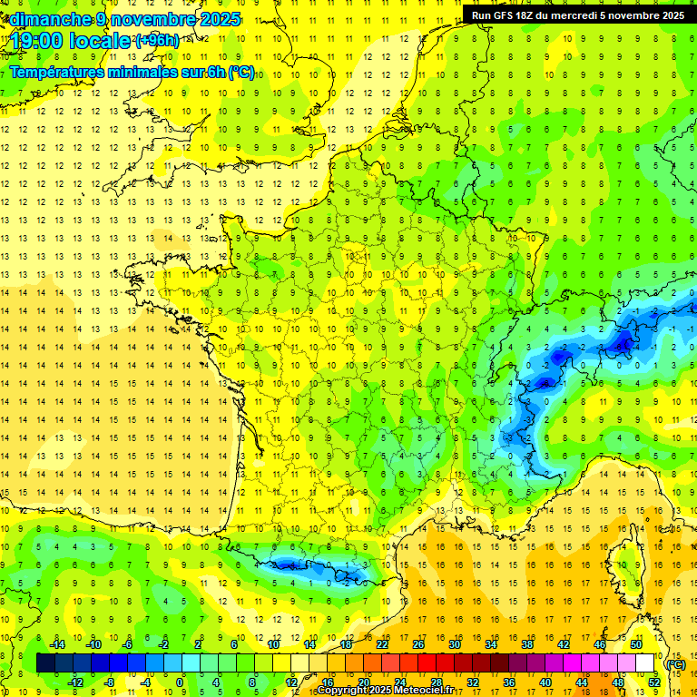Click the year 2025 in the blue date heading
click(219, 18)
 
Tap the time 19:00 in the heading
click(43, 41)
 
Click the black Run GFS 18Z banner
click(578, 15)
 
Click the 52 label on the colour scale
click(653, 682)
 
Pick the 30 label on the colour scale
click(454, 643)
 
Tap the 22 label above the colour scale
click(382, 643)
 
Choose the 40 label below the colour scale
click(545, 682)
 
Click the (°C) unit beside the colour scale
click(676, 663)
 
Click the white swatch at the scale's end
click(645, 663)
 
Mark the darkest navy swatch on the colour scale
click(45, 663)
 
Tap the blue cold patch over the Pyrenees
click(299, 564)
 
